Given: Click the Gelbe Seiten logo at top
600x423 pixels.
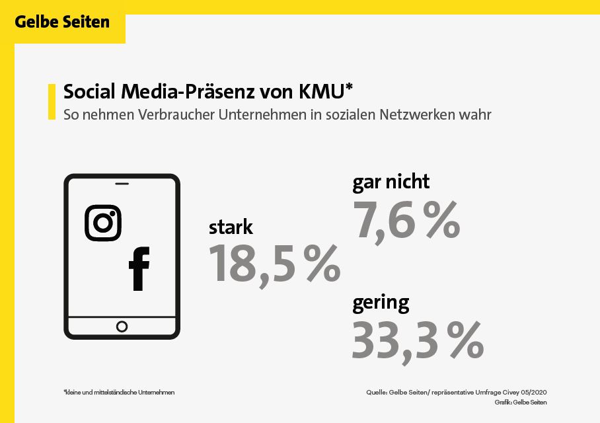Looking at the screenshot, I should pyautogui.click(x=62, y=22).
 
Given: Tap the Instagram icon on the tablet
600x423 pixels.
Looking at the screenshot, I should pyautogui.click(x=103, y=223).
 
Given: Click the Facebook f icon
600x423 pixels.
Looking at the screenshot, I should pyautogui.click(x=139, y=269).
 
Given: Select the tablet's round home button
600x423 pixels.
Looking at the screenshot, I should pyautogui.click(x=122, y=326).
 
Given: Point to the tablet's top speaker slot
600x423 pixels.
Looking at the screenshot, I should pyautogui.click(x=122, y=183).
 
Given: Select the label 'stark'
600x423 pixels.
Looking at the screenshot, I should pyautogui.click(x=231, y=227).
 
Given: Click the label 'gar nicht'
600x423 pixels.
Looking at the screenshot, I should pyautogui.click(x=391, y=181).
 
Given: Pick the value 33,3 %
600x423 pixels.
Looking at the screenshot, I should pyautogui.click(x=417, y=340).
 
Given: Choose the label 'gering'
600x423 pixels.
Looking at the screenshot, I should pyautogui.click(x=381, y=303).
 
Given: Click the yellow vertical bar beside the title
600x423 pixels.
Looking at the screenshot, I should pyautogui.click(x=52, y=102).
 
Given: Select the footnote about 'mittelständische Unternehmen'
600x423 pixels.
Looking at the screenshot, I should pyautogui.click(x=119, y=393).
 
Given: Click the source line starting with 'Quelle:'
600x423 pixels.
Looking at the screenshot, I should pyautogui.click(x=457, y=393).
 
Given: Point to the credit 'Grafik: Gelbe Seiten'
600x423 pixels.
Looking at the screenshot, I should pyautogui.click(x=520, y=403).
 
